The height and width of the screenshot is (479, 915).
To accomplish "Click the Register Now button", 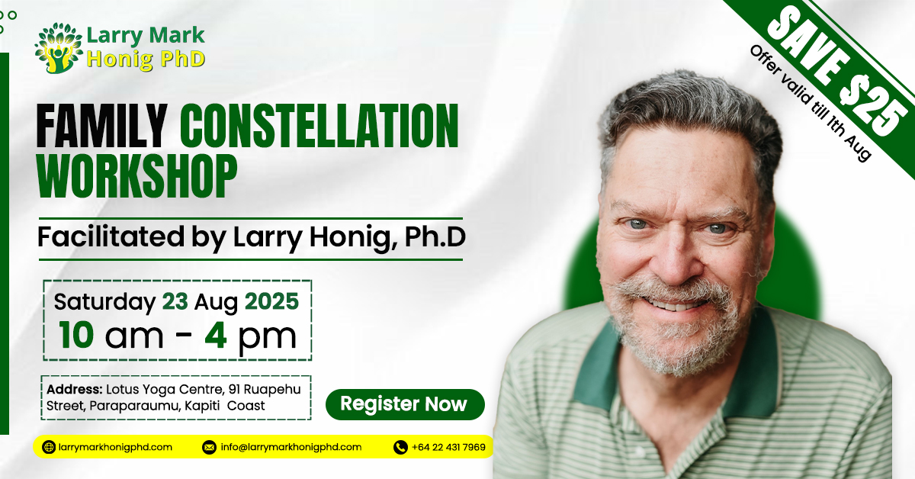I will pos(404,404).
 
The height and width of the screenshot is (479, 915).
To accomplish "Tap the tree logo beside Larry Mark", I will pos(59,48).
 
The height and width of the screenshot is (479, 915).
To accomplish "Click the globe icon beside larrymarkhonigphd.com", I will pos(49,447).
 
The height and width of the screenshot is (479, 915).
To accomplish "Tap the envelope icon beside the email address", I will pos(209,447).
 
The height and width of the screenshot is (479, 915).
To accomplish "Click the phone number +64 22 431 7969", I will pos(448,447).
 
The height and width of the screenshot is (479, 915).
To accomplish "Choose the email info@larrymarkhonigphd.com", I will pos(291,447).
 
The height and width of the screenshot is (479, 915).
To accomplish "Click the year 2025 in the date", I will pos(271,302).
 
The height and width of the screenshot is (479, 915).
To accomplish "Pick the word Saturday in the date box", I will pos(104,302).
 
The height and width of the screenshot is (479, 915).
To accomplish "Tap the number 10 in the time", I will pos(76,336).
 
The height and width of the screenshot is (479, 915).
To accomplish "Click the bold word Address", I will pos(75,390).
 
